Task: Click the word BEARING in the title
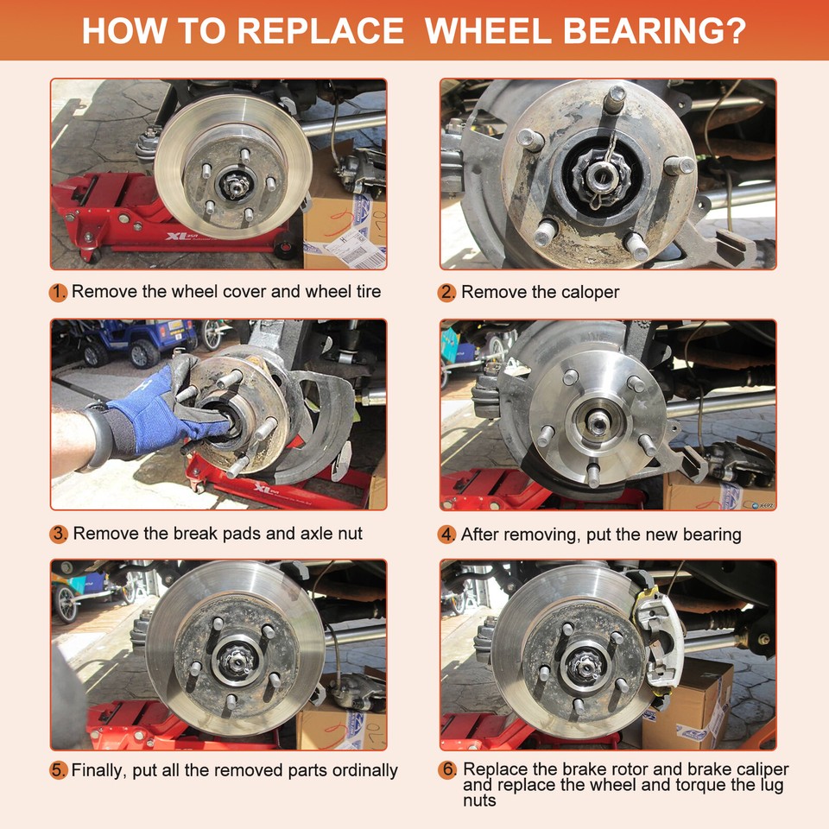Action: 655,31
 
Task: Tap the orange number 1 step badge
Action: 58,293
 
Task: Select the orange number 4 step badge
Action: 446,535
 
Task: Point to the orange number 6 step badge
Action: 447,769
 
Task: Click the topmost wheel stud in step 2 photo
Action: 616,100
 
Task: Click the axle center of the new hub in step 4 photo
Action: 598,421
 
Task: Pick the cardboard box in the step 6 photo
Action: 687,703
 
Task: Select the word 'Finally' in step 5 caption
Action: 98,770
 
